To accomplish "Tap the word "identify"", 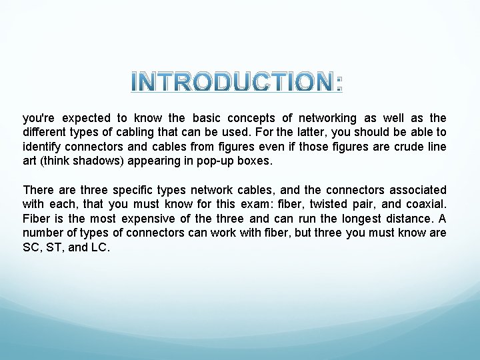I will click(x=42, y=147).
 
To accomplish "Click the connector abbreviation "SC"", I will click(x=31, y=248).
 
